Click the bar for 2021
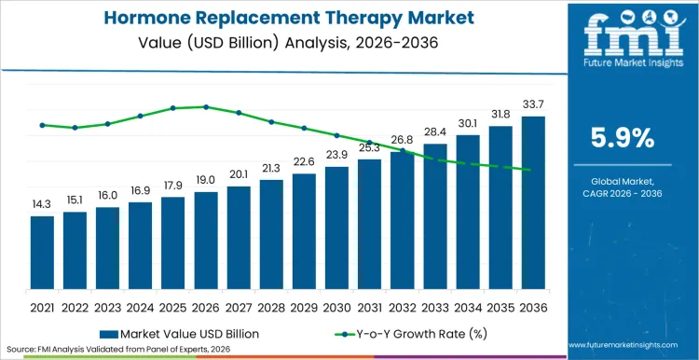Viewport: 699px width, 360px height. click(x=42, y=255)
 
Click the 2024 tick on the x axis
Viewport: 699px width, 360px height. click(x=140, y=307)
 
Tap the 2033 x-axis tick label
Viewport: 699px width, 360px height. click(x=434, y=307)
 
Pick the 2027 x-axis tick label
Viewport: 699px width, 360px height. click(x=239, y=307)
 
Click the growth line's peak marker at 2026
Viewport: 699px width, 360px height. click(x=206, y=106)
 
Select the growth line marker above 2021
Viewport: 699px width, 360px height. click(x=42, y=124)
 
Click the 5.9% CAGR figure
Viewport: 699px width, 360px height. click(x=623, y=137)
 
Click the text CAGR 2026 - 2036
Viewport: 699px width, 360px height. click(x=623, y=193)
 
